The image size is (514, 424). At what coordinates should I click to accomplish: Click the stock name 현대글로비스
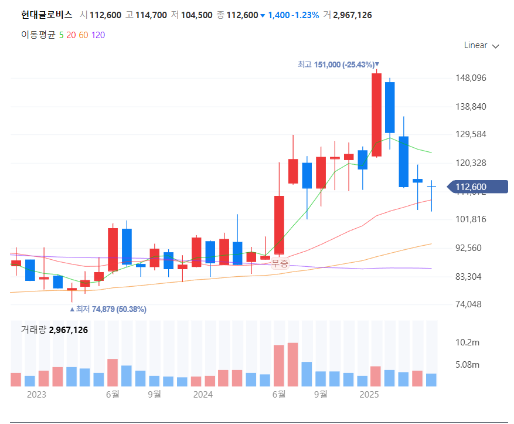[47, 15]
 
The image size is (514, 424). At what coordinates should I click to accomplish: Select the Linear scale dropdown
[481, 45]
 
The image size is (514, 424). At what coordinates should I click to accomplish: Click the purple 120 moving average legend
[98, 35]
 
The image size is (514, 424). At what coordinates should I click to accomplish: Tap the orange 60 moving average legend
[83, 35]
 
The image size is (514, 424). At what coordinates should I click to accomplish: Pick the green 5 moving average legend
[62, 35]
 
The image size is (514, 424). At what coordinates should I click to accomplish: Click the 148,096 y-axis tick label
[471, 78]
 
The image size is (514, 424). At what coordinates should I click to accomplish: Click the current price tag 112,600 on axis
[476, 187]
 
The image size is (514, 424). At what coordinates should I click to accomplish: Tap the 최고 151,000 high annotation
[338, 65]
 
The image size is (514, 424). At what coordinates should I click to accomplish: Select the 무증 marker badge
[280, 263]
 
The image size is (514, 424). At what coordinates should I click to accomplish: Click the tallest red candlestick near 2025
[376, 114]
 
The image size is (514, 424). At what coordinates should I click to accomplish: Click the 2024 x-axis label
[203, 395]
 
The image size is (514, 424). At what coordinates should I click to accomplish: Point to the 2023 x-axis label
[36, 395]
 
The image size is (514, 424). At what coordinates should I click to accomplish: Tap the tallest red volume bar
[292, 364]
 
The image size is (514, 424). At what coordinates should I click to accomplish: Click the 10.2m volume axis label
[467, 342]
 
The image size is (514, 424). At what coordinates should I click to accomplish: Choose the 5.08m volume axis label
[467, 365]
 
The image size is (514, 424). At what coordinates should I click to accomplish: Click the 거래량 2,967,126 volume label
[54, 330]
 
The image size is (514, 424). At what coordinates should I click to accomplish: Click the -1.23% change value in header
[306, 15]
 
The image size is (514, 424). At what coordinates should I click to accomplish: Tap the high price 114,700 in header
[147, 15]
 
